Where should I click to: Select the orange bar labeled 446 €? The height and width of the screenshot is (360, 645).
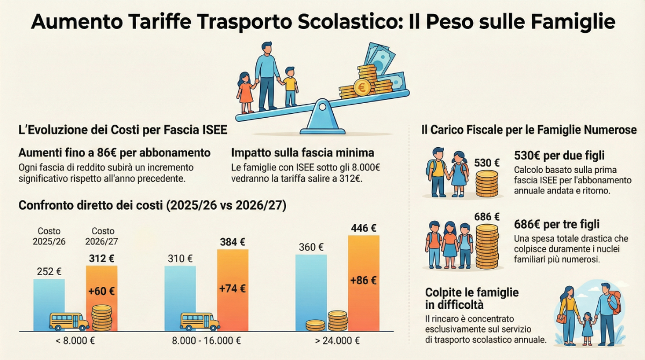364,279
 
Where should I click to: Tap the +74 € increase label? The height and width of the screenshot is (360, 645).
232,289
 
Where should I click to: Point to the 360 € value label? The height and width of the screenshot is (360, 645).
311,247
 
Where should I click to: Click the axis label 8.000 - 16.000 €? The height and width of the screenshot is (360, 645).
206,341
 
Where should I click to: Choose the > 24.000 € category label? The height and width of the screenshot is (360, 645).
338,341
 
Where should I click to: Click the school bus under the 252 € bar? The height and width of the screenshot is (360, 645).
68,321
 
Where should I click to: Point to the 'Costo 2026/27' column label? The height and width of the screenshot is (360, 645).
103,236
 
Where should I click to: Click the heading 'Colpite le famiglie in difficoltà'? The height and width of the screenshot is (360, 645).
472,298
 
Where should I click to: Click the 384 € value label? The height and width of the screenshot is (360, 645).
232,242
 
